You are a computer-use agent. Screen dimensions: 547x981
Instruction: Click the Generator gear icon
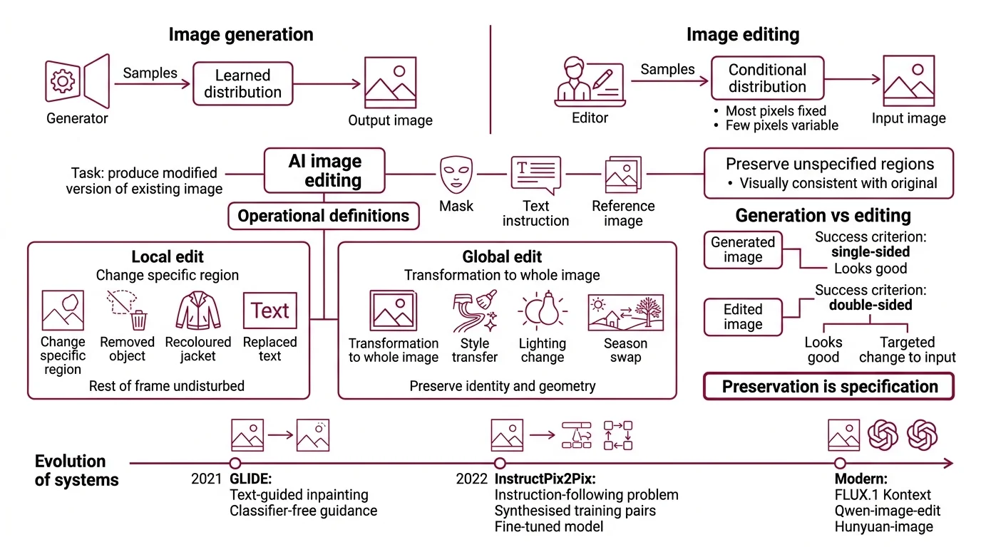[62, 81]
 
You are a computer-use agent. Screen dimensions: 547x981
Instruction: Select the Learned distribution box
[242, 84]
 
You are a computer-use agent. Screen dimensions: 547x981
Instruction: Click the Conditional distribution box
[767, 78]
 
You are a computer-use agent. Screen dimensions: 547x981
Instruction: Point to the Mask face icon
[456, 174]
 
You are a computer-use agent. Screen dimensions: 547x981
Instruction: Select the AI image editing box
[324, 171]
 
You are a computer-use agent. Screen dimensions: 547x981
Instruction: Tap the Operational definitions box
[323, 216]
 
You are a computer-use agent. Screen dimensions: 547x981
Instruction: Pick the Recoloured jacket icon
[197, 311]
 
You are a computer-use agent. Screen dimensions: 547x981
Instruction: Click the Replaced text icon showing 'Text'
[269, 311]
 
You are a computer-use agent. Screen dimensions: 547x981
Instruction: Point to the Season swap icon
[625, 313]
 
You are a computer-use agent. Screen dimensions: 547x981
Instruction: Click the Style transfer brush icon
[474, 312]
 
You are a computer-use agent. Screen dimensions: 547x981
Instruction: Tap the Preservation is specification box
[828, 387]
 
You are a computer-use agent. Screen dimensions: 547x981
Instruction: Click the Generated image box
[742, 249]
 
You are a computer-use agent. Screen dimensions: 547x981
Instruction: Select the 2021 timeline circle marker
[235, 464]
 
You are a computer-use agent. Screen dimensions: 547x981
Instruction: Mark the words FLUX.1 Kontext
[883, 495]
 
